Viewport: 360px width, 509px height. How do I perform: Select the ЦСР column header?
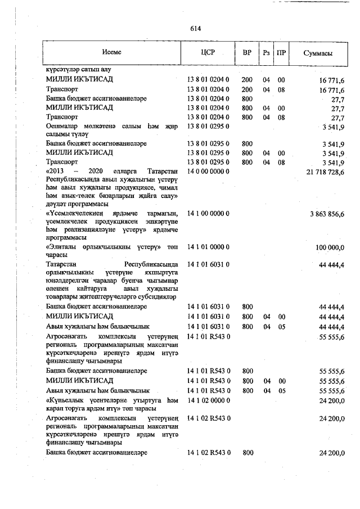point(208,53)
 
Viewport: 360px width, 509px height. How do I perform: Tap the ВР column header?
point(247,53)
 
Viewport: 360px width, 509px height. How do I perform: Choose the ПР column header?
point(282,53)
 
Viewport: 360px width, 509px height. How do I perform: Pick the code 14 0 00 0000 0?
point(208,171)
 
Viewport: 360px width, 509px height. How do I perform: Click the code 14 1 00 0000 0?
point(208,213)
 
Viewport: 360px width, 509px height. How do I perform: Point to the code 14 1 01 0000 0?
point(208,247)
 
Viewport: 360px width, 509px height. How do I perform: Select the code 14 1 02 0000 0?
point(208,400)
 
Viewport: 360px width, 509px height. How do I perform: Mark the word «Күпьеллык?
point(65,400)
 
